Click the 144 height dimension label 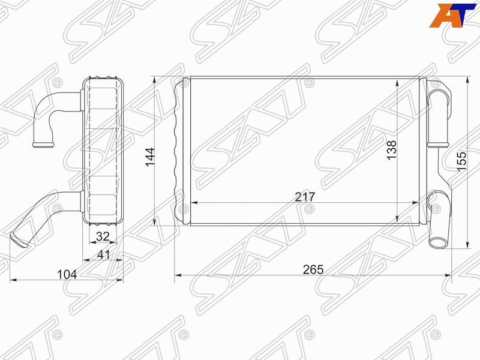(150, 157)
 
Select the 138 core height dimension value (392, 149)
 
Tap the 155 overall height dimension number (461, 161)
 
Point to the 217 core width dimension (305, 197)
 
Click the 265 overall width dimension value (313, 269)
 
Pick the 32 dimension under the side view (103, 236)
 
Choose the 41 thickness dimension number (103, 254)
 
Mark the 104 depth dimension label (67, 275)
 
